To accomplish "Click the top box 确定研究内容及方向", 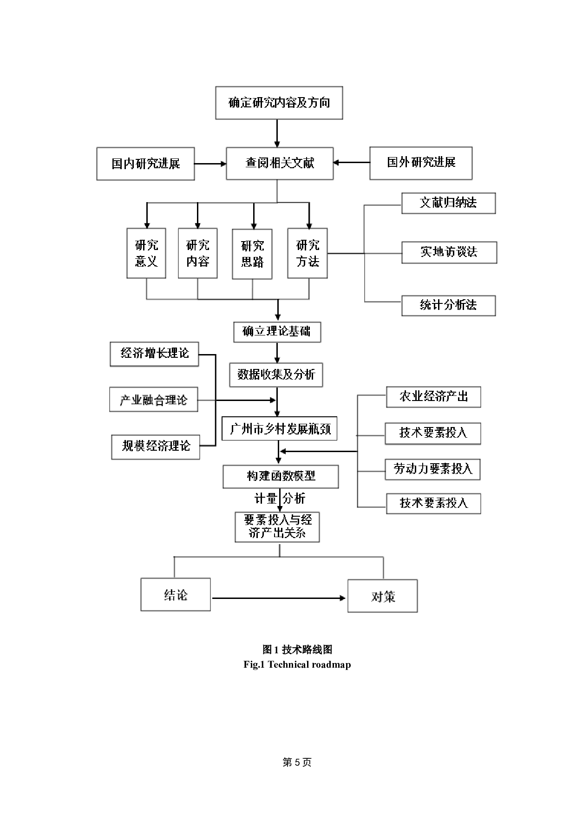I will click(279, 103).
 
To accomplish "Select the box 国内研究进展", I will click(145, 164).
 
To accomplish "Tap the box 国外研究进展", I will click(421, 163).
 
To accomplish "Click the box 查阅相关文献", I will click(280, 163).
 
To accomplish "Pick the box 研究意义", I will click(146, 253).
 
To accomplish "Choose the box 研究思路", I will click(252, 254).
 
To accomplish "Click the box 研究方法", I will click(308, 253).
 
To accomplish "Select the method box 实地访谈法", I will click(449, 252).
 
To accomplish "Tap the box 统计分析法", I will click(448, 306).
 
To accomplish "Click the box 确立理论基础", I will click(277, 332).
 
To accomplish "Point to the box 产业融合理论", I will click(154, 400).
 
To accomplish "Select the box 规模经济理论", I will click(156, 447).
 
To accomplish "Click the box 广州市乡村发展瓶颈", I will click(280, 428).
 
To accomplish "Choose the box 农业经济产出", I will click(433, 397).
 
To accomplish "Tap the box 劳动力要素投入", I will click(432, 469).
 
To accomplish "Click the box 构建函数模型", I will click(281, 476).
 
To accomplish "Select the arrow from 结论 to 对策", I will click(279, 598).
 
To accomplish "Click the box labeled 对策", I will click(383, 596).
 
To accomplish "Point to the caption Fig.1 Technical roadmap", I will click(297, 664).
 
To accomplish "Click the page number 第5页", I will click(297, 762).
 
